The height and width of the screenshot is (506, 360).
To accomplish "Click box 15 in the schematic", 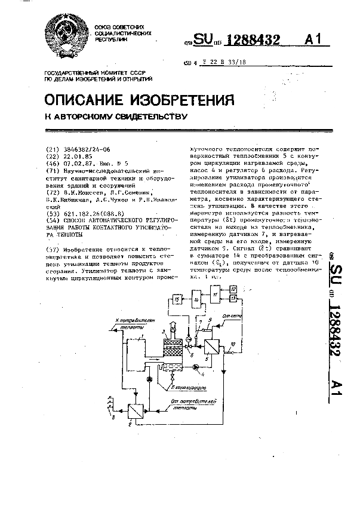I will click(x=177, y=298).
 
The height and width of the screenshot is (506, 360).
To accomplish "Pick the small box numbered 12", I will click(x=234, y=289).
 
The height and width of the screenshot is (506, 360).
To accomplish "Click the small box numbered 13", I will click(x=234, y=298).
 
